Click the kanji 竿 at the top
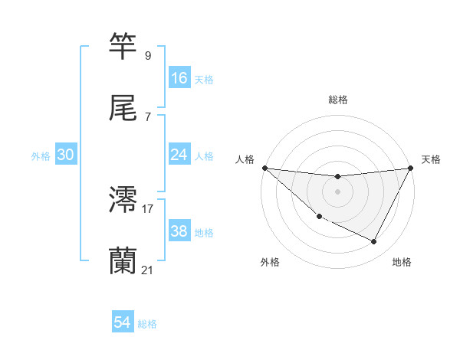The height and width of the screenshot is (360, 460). (x=123, y=47)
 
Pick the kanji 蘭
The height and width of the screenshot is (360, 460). (x=123, y=262)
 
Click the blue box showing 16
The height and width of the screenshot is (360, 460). (x=179, y=77)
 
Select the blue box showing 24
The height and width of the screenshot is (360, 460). (x=179, y=155)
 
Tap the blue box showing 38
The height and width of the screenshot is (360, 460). (x=179, y=231)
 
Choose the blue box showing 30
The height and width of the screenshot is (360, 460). (x=66, y=155)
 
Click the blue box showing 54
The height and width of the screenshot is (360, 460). (x=123, y=322)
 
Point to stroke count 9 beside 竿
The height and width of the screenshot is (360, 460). (x=147, y=55)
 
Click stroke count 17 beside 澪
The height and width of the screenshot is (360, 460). (x=148, y=208)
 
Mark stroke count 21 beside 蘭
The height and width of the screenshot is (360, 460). (x=148, y=270)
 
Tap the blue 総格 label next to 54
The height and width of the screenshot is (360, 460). (x=147, y=324)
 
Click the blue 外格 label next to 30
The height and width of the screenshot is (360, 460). (x=41, y=155)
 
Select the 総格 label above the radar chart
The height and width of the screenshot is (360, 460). (x=337, y=100)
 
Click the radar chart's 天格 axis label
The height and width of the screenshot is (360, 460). (x=431, y=159)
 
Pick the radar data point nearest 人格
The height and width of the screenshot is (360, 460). (x=264, y=168)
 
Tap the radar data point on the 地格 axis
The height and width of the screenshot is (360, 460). (x=374, y=241)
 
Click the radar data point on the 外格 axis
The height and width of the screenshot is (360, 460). (x=319, y=217)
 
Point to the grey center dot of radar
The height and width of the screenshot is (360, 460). (x=337, y=191)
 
